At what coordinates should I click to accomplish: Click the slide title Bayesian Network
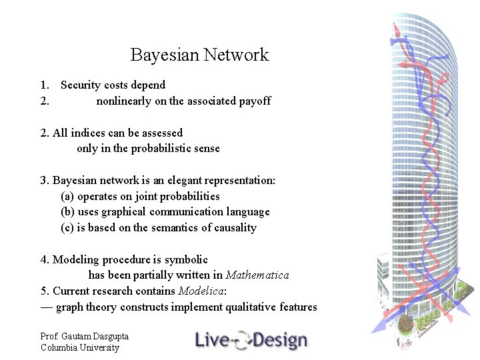(x=199, y=55)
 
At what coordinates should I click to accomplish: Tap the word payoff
(x=256, y=101)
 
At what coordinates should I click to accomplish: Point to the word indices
(x=89, y=133)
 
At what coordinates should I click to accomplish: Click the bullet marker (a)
(x=67, y=196)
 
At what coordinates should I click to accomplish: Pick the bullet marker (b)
(x=67, y=212)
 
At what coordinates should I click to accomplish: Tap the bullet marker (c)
(x=67, y=228)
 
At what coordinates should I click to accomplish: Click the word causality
(x=233, y=228)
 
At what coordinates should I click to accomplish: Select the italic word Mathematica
(x=257, y=275)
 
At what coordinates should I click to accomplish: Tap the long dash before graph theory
(x=47, y=307)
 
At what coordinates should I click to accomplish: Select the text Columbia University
(x=79, y=347)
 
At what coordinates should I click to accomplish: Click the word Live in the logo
(x=211, y=340)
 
